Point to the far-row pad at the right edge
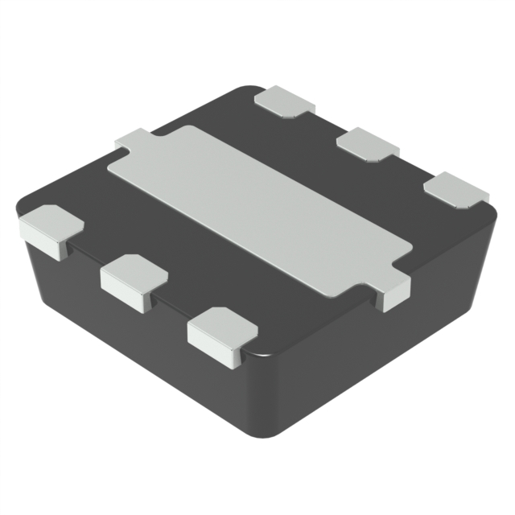(x=456, y=190)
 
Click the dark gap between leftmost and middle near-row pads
(x=87, y=256)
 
